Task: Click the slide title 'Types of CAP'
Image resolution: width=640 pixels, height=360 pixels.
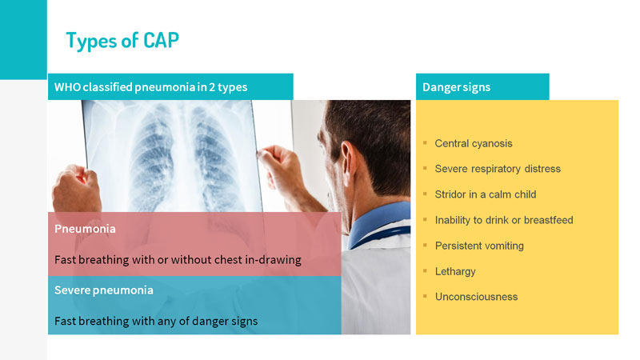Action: [122, 41]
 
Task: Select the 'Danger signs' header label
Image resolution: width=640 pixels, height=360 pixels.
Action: [456, 87]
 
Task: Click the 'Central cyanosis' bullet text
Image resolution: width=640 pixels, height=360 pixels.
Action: [474, 144]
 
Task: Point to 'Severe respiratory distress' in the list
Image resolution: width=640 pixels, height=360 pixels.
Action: [498, 169]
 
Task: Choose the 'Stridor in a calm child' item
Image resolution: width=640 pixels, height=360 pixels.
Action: [486, 194]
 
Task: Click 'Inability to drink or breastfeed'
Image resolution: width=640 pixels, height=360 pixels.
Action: [504, 220]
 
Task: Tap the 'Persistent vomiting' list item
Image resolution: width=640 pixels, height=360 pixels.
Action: [479, 246]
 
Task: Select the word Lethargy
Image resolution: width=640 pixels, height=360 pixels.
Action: [455, 272]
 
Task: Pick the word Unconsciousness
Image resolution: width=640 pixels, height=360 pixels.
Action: [476, 297]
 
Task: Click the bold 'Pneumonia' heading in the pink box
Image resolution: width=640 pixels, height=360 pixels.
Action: [85, 229]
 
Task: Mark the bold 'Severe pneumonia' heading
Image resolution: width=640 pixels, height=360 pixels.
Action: [104, 290]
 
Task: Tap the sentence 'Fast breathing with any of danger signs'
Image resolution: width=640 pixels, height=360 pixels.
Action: [156, 322]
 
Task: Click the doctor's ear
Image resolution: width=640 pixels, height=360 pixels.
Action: [348, 158]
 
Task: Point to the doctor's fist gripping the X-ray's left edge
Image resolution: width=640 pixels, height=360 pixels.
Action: [76, 189]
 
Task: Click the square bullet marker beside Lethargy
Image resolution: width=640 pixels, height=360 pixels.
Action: [425, 270]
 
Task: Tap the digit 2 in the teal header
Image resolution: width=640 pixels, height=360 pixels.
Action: [212, 87]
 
